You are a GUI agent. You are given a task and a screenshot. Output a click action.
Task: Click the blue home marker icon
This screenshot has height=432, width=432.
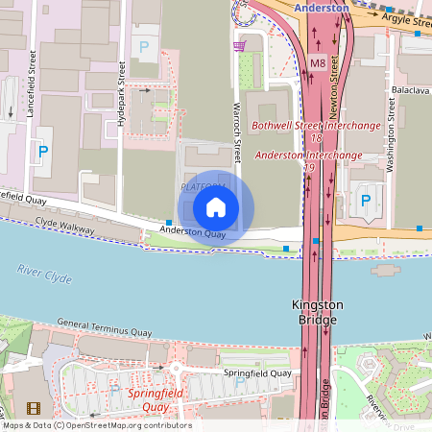[x=216, y=206]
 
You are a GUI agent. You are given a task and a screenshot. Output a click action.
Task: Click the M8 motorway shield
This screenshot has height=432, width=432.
[x=318, y=64]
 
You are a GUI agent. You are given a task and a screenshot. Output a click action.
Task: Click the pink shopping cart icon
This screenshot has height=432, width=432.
[x=239, y=45]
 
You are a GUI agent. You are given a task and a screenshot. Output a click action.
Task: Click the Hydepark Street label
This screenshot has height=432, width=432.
[x=121, y=96]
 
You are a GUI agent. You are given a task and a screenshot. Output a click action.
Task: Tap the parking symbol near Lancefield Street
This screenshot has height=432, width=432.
[x=41, y=151]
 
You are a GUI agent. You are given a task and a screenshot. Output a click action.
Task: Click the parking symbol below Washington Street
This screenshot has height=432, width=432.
[x=366, y=200]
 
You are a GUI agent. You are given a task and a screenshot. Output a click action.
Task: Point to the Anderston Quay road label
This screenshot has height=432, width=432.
[x=193, y=231]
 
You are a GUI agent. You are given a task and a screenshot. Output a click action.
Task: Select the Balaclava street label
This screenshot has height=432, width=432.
[x=410, y=89]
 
